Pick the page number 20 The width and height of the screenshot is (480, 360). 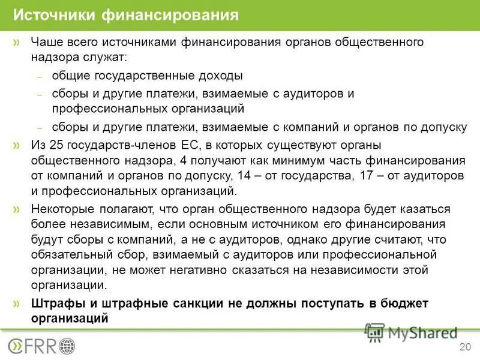point(464,347)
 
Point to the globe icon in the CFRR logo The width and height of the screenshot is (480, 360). point(68,346)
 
